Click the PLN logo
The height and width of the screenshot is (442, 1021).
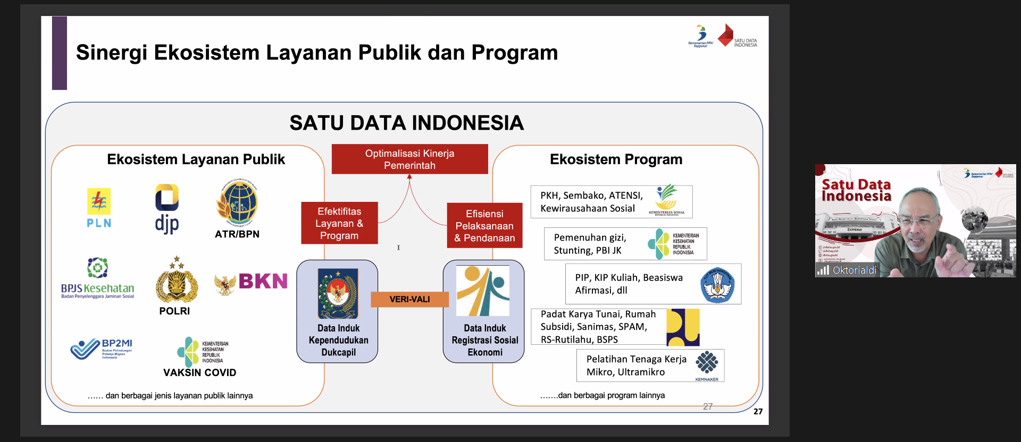(x=99, y=208)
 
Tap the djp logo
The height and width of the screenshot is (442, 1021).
(x=167, y=209)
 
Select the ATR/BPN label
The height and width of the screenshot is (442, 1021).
(x=237, y=234)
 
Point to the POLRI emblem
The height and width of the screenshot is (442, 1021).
(x=177, y=282)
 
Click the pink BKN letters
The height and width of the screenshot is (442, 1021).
(x=263, y=281)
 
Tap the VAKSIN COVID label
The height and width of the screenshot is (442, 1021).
(x=199, y=372)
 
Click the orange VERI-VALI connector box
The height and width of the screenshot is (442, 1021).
(x=409, y=299)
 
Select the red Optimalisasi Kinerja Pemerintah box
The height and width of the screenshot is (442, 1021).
(x=409, y=159)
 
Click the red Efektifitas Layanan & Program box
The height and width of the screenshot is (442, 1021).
(x=339, y=223)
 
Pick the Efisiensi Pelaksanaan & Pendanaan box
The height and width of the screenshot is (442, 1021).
(x=484, y=226)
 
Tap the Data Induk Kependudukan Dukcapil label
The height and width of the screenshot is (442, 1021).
(x=338, y=340)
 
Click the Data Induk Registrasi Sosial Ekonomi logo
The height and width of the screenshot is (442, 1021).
(x=483, y=291)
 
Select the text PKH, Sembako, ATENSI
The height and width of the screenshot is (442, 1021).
(x=591, y=195)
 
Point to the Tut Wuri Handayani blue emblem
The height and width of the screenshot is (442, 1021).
(x=717, y=285)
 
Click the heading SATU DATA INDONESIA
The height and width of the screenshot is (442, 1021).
(x=406, y=123)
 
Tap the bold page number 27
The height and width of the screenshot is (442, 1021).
(x=758, y=411)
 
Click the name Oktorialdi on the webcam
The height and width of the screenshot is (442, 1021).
(x=854, y=270)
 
